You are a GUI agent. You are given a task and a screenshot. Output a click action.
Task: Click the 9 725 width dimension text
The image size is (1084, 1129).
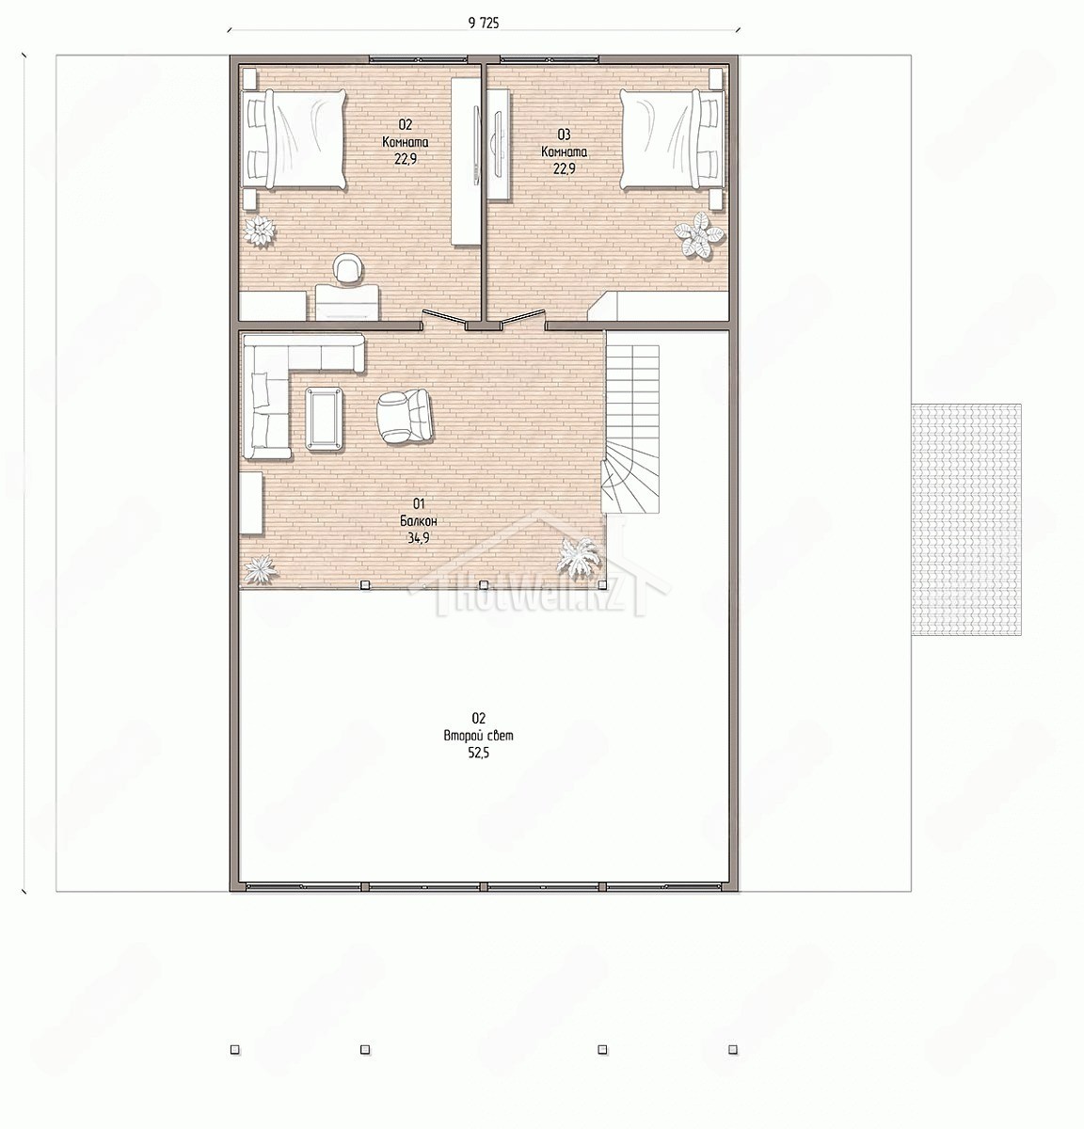483,24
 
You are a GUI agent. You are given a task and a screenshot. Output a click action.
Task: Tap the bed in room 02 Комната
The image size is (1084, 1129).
295,139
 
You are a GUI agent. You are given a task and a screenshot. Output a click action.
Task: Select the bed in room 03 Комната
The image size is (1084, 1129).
672,139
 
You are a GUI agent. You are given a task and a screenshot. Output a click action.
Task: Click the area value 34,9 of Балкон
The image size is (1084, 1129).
418,538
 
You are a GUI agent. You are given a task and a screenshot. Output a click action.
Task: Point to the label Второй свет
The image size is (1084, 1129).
479,736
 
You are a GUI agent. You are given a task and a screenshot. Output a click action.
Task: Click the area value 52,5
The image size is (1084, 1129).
479,753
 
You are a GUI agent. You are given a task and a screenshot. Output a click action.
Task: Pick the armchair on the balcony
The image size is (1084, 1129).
404,416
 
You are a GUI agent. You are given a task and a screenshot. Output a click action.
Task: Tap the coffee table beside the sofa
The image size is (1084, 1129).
325,419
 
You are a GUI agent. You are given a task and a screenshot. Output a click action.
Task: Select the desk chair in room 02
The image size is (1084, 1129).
347,269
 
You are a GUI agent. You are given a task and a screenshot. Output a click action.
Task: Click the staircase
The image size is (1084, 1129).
630,428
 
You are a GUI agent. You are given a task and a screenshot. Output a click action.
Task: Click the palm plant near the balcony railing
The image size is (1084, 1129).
578,557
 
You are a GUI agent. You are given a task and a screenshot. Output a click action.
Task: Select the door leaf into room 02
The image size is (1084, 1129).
444,318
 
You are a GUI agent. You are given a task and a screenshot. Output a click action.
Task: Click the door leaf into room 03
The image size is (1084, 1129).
524,318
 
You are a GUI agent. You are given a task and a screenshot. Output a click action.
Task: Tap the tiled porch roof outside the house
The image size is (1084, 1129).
966,519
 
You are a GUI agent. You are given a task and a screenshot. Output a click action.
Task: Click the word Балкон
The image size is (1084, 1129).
418,520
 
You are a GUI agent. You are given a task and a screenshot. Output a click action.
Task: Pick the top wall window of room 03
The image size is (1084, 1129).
549,58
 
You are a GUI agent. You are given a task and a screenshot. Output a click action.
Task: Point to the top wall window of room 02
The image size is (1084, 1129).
419,58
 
